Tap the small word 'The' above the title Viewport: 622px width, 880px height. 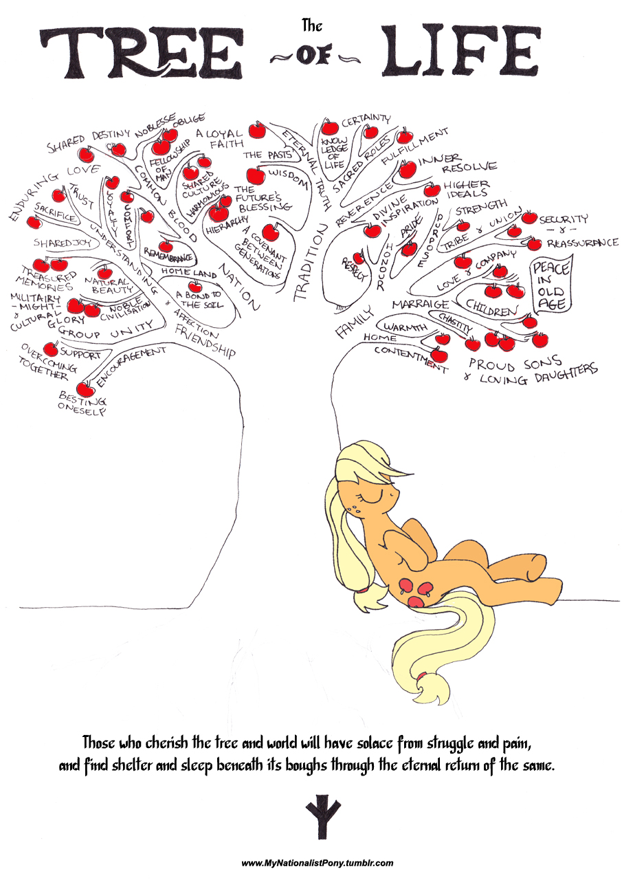tap(311, 26)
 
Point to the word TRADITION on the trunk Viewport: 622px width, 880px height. tap(310, 265)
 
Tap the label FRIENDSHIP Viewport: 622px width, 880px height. tap(206, 341)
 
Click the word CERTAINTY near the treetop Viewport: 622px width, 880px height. tap(366, 121)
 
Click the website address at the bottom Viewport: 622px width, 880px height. tap(318, 863)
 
